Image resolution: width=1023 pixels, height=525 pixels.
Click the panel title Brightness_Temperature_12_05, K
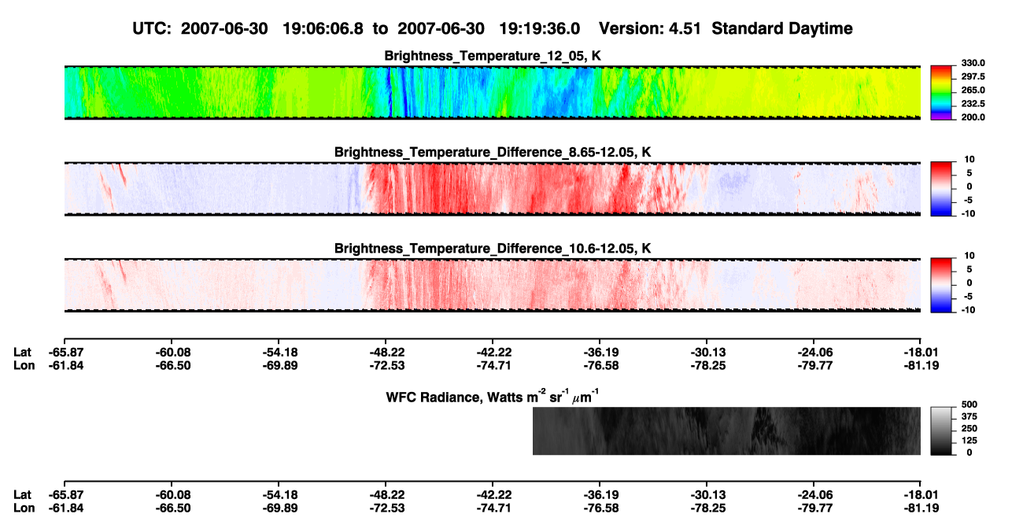[493, 56]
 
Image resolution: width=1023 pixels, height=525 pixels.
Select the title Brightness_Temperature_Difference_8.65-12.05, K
[493, 152]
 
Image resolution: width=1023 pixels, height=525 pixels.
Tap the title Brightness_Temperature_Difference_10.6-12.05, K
[493, 249]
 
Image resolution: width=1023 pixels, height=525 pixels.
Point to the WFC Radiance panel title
[493, 396]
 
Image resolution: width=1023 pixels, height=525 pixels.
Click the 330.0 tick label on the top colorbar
[973, 63]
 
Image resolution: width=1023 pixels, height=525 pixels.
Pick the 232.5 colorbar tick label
[973, 104]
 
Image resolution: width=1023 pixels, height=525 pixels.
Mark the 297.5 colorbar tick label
[973, 76]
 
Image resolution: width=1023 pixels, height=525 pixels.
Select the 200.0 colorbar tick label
[973, 117]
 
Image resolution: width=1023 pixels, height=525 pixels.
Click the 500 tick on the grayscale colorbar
[969, 405]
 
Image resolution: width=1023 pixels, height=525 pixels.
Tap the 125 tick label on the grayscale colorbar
[969, 441]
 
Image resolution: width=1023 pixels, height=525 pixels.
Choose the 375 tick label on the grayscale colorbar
[969, 416]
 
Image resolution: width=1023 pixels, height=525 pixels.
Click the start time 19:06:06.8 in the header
[323, 29]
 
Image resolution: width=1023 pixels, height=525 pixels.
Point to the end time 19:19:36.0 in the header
[539, 29]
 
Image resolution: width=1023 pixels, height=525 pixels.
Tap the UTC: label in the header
[152, 29]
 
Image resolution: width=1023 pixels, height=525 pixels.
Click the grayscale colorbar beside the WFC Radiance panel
[941, 431]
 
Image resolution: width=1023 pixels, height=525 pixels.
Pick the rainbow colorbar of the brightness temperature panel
[941, 93]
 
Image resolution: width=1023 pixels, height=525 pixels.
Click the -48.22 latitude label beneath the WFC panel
[387, 495]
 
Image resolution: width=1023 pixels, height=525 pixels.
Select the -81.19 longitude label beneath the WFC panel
[921, 508]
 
